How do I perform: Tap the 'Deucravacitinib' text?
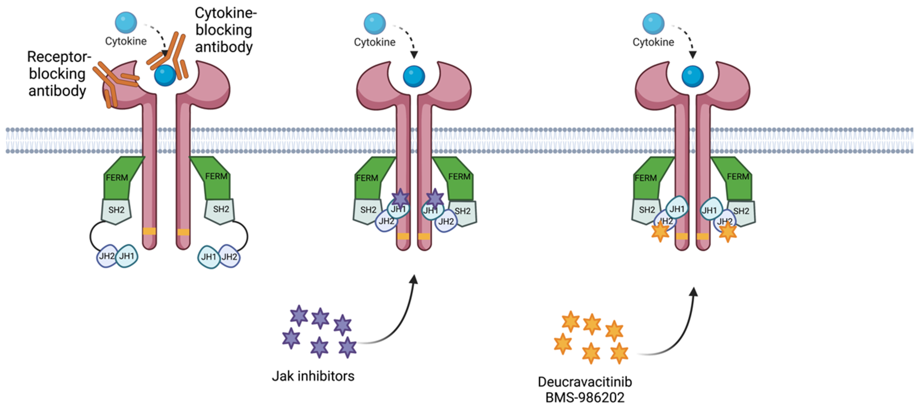point(585,382)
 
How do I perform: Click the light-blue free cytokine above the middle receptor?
point(374,23)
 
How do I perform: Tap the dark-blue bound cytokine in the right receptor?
point(692,76)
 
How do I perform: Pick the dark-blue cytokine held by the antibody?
point(165,75)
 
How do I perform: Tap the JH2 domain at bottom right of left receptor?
point(230,257)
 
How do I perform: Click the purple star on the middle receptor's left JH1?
point(401,198)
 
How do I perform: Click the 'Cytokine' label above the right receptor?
point(653,42)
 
